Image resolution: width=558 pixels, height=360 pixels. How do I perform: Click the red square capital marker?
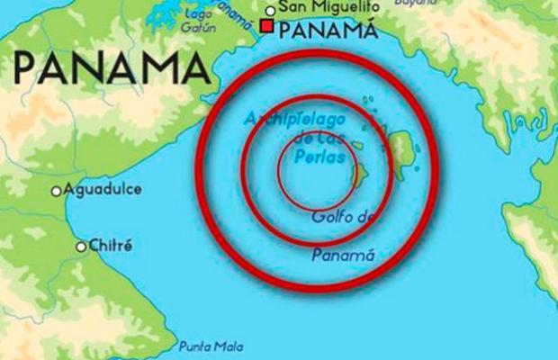pos(267,27)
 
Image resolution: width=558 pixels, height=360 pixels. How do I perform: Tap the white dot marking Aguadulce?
pos(57,191)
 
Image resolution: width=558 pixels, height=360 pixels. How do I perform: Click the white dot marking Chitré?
pos(81,246)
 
